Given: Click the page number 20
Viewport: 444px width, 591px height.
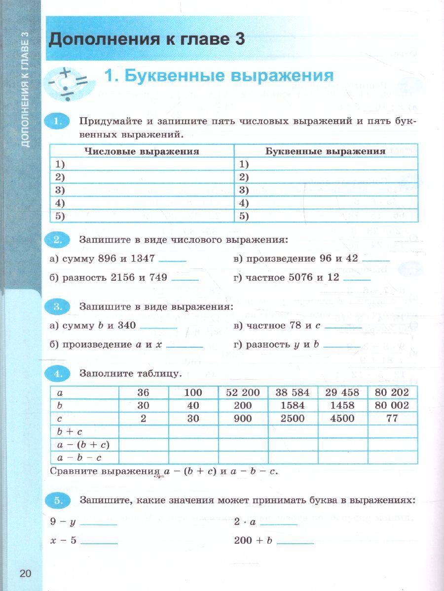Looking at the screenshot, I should pos(26,573).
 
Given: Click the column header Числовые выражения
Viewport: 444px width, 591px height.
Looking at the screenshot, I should pos(142,151).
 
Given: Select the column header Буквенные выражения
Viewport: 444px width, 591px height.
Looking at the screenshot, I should pos(326,151).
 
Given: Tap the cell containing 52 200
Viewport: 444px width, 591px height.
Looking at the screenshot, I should pos(243,393).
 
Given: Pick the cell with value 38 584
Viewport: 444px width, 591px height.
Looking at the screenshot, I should pos(293,393).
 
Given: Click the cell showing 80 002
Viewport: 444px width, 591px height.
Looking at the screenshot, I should pos(392,405).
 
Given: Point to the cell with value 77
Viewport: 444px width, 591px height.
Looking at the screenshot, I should pos(392,419).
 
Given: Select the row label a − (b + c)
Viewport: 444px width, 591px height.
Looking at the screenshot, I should pos(83,445).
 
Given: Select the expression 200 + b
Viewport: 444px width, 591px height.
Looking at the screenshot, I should pos(254,540).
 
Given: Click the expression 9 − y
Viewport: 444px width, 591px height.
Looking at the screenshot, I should pos(62,522).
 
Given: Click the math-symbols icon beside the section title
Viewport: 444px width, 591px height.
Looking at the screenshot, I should pos(69,80).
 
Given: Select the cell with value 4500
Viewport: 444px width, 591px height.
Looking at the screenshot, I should pos(342,419).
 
